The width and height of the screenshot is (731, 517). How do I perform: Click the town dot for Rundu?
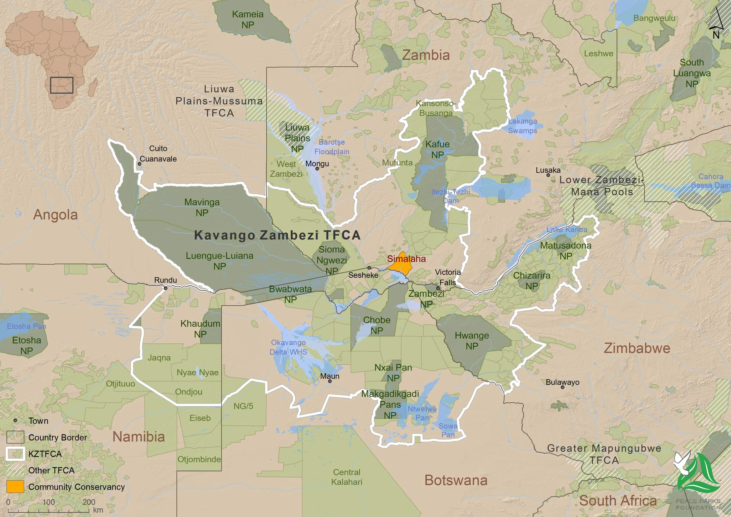(165, 288)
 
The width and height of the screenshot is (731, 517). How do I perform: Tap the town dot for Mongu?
(317, 168)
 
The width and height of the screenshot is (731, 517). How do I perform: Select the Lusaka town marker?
(548, 175)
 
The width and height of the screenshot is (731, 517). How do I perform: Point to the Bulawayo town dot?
(563, 387)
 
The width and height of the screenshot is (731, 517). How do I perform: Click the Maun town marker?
(330, 381)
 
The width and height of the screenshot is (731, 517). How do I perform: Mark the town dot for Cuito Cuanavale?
(139, 164)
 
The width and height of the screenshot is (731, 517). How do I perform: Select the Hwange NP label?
(472, 341)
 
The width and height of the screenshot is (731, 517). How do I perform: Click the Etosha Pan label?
(26, 326)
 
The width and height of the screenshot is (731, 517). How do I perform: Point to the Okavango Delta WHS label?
(288, 347)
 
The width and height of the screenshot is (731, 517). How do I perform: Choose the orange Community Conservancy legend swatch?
(15, 486)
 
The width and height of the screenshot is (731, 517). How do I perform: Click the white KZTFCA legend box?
(15, 454)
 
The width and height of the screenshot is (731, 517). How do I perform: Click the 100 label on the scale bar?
(49, 502)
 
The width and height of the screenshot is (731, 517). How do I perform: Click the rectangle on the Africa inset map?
(62, 85)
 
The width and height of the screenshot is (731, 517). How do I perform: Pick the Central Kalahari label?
(347, 477)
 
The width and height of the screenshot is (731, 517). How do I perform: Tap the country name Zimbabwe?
(637, 348)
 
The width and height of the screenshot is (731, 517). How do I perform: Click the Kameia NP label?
(248, 19)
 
